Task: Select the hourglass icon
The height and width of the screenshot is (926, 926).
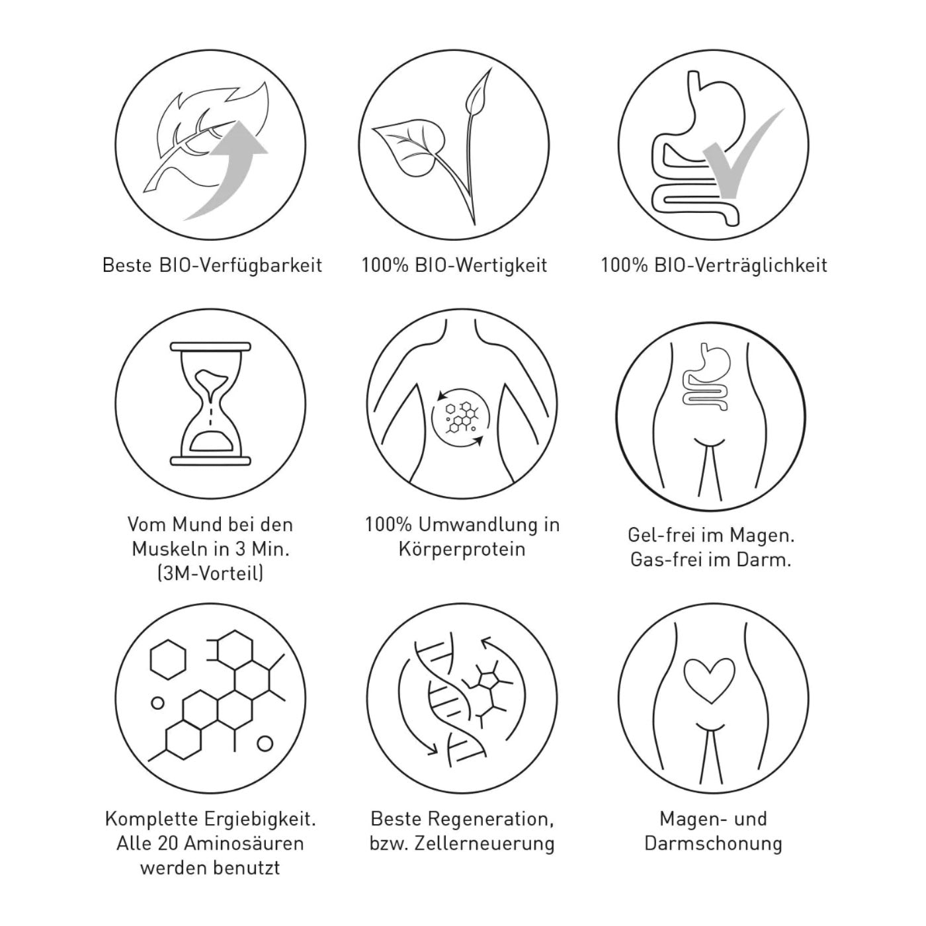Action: [210, 403]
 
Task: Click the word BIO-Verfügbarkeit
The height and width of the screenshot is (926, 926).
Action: [240, 266]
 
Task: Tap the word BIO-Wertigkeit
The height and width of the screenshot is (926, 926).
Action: [481, 265]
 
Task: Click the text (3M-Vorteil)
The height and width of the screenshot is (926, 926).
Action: [210, 573]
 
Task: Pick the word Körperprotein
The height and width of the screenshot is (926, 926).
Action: [462, 549]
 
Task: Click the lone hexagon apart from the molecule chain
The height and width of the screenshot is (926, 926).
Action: [168, 660]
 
